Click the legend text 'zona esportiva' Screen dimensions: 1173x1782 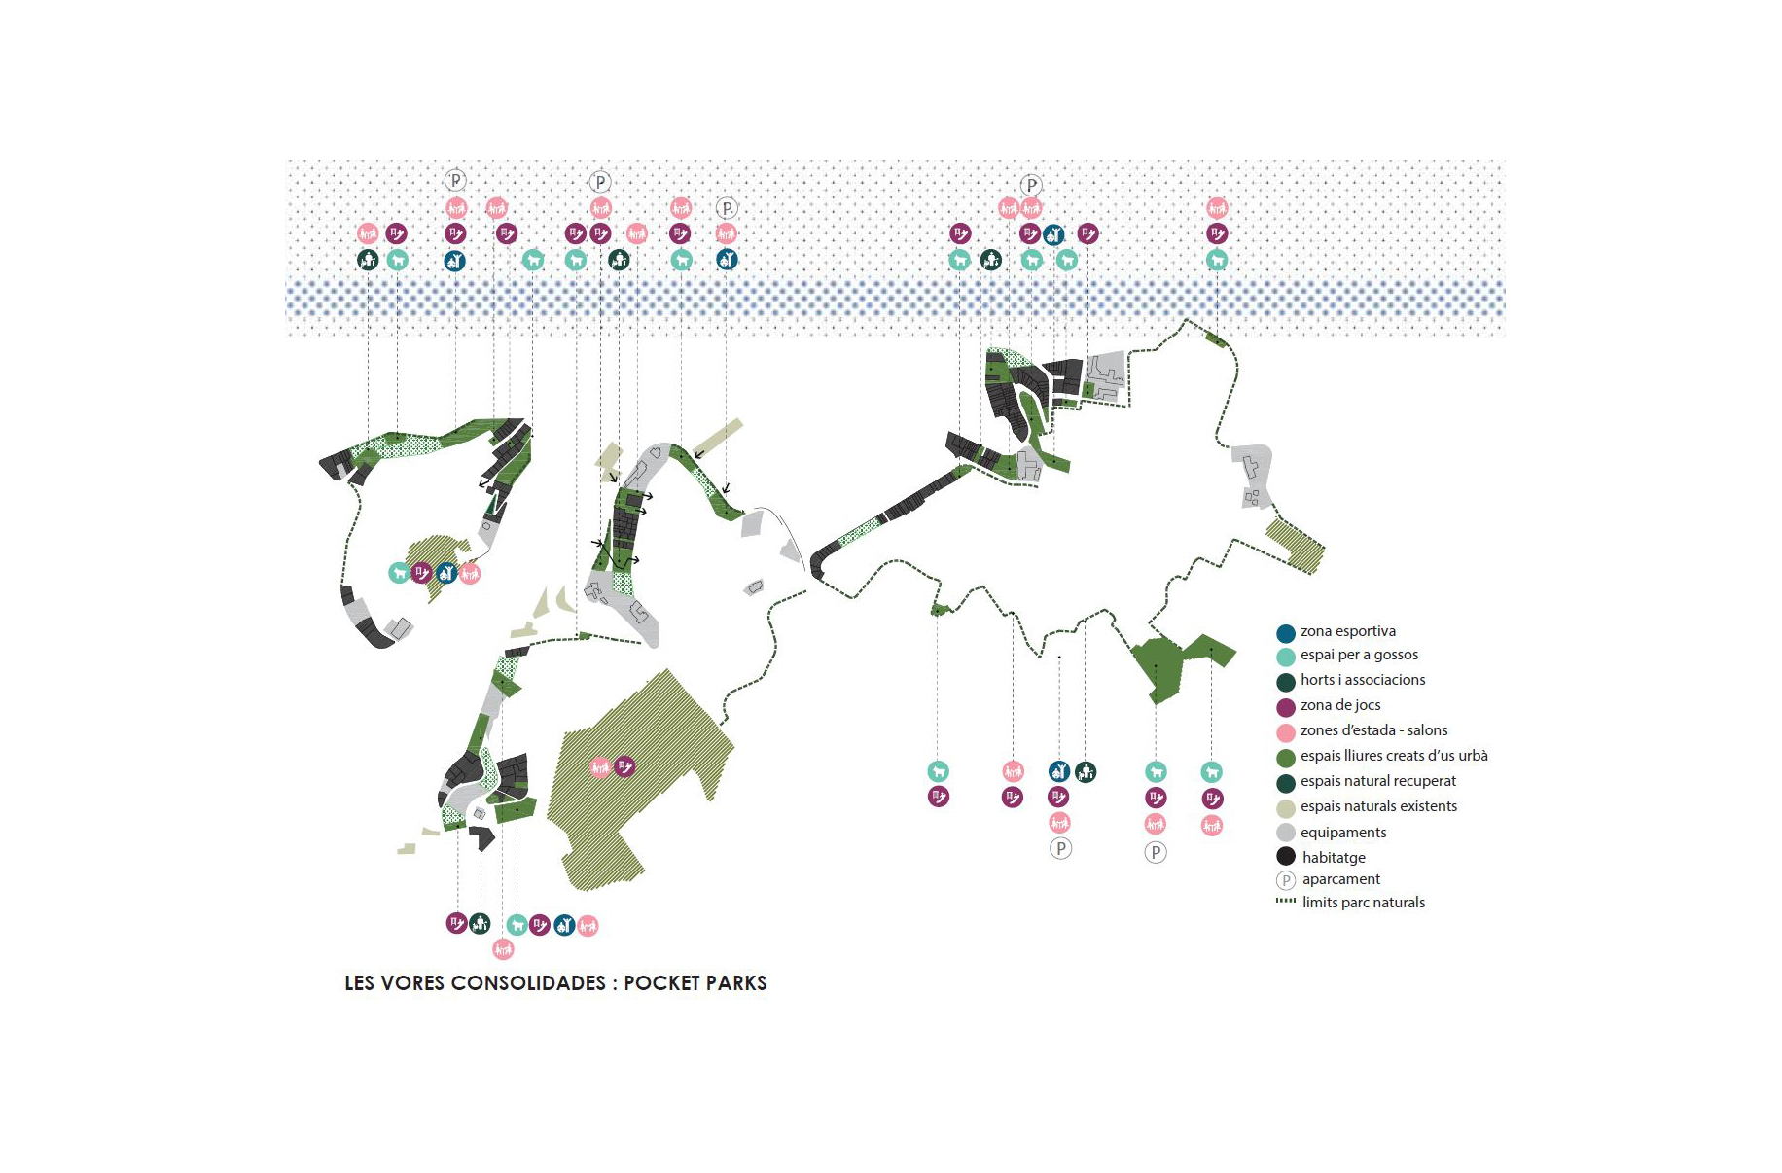(1347, 631)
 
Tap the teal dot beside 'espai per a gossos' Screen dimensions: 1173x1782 (1286, 657)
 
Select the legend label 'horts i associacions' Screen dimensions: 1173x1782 (1362, 680)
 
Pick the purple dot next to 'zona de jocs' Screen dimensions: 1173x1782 (1286, 707)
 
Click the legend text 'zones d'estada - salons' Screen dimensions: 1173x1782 (1373, 730)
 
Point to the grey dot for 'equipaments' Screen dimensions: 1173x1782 (1286, 833)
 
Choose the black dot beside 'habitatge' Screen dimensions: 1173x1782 (1286, 857)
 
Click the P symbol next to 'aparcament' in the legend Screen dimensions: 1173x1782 (1286, 880)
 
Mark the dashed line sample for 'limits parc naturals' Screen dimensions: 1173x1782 (1286, 902)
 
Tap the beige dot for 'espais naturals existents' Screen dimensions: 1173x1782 (1286, 808)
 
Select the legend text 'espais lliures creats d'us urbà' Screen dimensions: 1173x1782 (1393, 756)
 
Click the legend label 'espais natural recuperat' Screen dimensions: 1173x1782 (1377, 781)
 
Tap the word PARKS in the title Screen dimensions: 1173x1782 (736, 983)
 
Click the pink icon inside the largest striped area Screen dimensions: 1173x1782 (601, 767)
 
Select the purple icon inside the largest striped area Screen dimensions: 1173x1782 (625, 766)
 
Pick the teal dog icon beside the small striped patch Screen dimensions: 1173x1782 (398, 573)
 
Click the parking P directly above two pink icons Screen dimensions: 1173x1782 (1031, 185)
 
